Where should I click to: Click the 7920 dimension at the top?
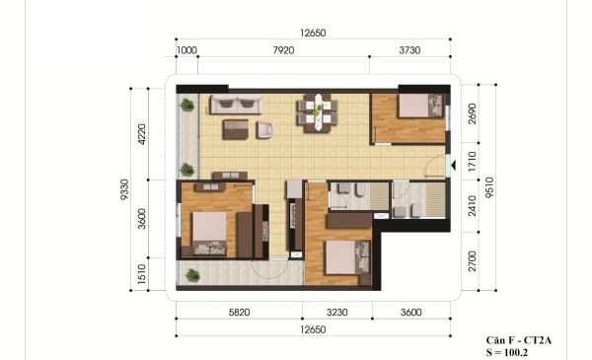pos(283,50)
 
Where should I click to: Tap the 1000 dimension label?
pos(186,50)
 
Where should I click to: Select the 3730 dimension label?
pos(409,50)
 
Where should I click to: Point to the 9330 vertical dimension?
pos(125,189)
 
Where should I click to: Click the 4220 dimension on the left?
pos(142,134)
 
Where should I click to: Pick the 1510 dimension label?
pos(142,274)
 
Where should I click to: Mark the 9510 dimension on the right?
pos(489,187)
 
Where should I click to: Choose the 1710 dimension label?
pos(473,162)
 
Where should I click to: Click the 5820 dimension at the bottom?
pos(240,313)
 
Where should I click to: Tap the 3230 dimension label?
pos(337,313)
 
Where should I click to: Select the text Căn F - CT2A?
pos(519,340)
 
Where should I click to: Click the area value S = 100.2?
pos(507,353)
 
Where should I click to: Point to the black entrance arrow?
pos(454,165)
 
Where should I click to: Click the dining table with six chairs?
pos(318,112)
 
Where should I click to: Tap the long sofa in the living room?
pos(237,105)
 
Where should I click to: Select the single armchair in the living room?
pos(265,129)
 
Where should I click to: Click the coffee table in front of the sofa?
pos(235,129)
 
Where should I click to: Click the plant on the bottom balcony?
pos(193,275)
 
